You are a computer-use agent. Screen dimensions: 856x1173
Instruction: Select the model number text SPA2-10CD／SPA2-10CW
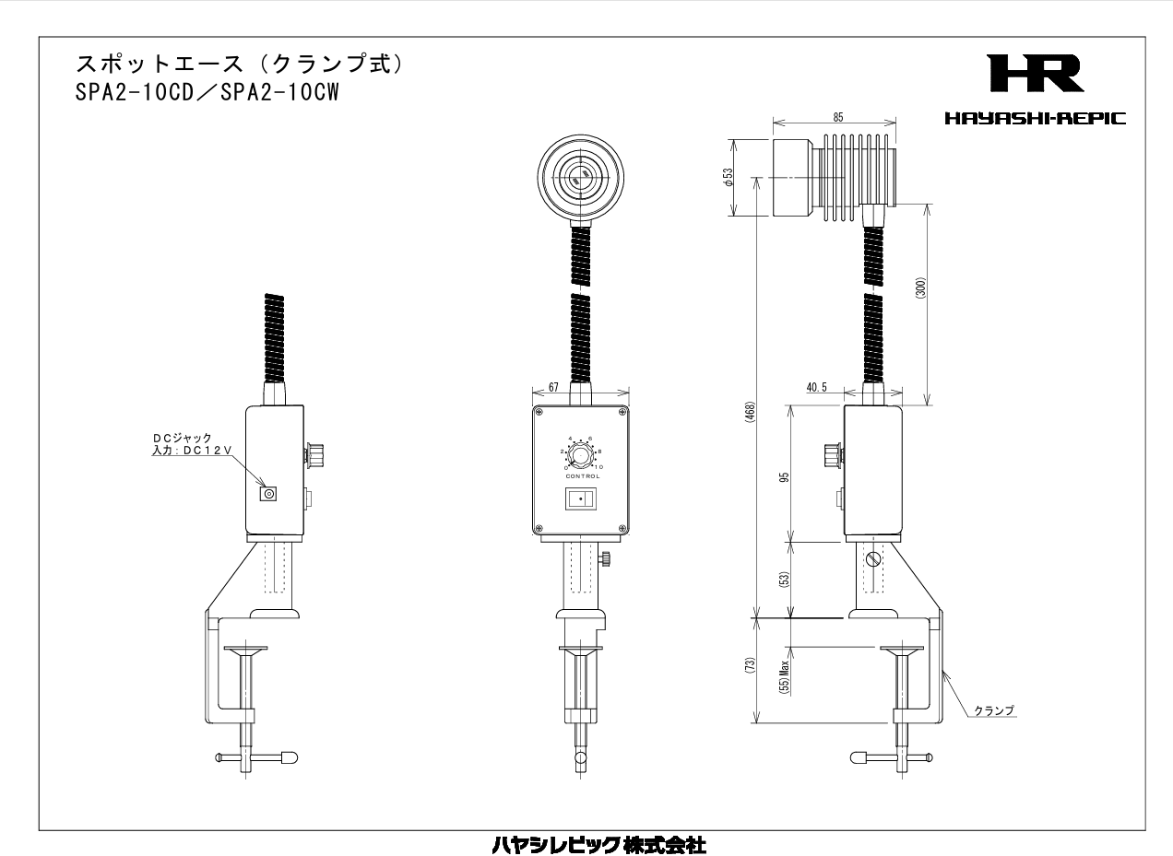click(205, 94)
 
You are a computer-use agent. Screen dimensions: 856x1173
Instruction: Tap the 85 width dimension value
click(835, 117)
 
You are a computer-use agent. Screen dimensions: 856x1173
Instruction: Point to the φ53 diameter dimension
click(729, 178)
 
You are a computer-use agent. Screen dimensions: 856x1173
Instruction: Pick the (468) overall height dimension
click(750, 410)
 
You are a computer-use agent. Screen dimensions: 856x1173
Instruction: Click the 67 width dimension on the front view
click(553, 389)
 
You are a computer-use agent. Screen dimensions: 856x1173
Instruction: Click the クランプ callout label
click(994, 709)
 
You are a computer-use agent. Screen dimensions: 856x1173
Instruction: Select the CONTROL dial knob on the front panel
click(580, 455)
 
